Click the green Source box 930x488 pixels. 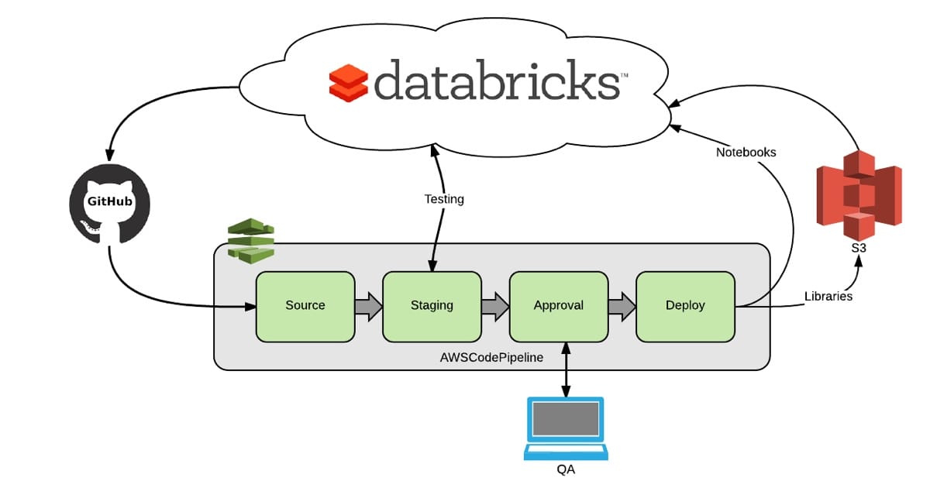click(x=305, y=306)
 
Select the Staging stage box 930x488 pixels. click(x=432, y=306)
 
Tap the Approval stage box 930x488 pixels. click(x=558, y=306)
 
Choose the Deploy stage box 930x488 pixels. click(x=685, y=306)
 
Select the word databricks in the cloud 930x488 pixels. click(x=496, y=80)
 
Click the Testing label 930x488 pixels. click(x=444, y=199)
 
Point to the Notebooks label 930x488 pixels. click(x=746, y=153)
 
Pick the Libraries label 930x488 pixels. click(x=828, y=296)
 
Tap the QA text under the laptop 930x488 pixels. click(x=565, y=469)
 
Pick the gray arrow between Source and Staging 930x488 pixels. click(x=368, y=306)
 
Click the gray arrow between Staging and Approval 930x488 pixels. click(x=495, y=306)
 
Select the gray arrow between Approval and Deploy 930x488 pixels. click(x=622, y=306)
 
